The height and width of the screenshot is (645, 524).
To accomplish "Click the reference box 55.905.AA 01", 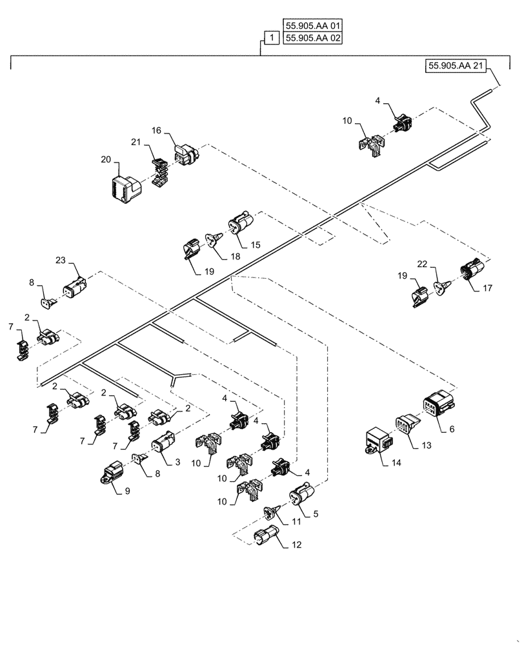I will tap(312, 26).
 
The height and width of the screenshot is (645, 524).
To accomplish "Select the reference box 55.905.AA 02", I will tap(312, 39).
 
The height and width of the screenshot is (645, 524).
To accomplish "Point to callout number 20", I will tap(105, 158).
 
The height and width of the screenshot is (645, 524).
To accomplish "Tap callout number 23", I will tap(60, 261).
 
